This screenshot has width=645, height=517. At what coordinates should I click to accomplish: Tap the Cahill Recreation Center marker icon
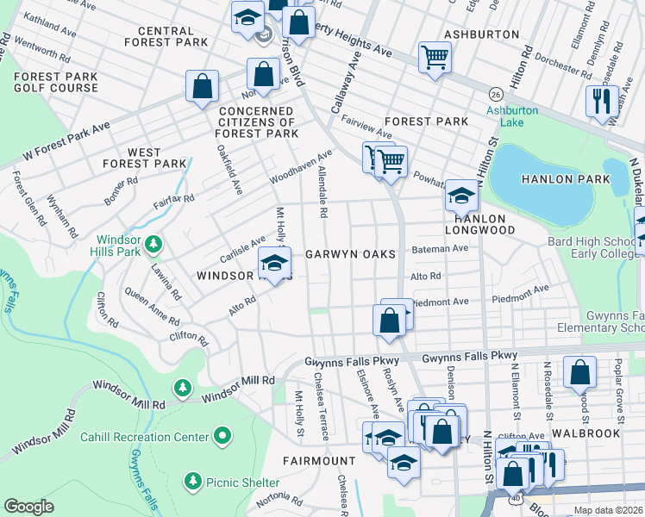click(x=223, y=437)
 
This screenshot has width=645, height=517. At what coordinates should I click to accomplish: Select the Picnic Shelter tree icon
click(x=193, y=480)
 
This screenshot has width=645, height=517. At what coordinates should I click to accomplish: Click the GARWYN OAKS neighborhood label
click(x=350, y=255)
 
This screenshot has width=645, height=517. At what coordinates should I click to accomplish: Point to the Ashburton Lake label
click(x=511, y=116)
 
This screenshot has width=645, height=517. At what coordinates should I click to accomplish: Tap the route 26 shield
click(x=495, y=93)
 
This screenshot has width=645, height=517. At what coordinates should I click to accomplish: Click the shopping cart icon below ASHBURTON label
click(x=435, y=58)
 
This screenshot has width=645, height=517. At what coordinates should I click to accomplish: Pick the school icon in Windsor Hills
click(x=274, y=263)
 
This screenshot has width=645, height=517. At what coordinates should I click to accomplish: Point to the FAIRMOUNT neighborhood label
click(x=319, y=461)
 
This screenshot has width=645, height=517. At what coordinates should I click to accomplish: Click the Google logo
click(x=28, y=507)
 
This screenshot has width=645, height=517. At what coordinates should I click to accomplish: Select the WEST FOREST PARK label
click(x=144, y=158)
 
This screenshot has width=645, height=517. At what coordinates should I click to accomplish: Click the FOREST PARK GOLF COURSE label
click(x=55, y=82)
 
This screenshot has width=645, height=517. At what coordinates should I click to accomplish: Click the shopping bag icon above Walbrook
click(x=580, y=372)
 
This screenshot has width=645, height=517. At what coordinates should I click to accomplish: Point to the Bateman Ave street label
click(x=440, y=248)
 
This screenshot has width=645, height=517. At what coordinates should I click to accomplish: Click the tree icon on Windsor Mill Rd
click(x=183, y=389)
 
